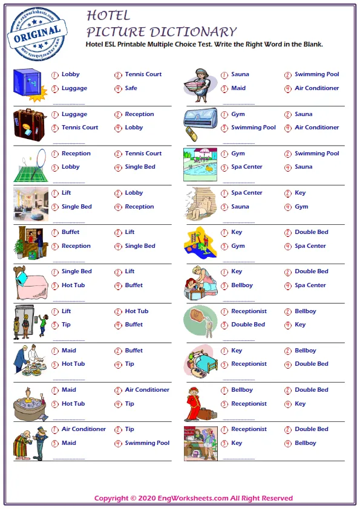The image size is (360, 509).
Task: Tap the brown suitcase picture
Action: (x=29, y=123)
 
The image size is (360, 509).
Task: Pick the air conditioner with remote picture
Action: (x=200, y=123)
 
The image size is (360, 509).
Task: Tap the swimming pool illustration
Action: (x=200, y=164)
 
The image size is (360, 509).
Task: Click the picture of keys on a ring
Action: (x=200, y=322)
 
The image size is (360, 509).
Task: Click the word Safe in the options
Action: (x=131, y=88)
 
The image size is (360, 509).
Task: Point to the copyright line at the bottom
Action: (x=194, y=499)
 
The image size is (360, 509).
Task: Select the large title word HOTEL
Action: (x=108, y=15)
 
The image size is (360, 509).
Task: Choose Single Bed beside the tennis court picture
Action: (x=140, y=167)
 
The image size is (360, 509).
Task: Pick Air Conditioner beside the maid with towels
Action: (x=317, y=88)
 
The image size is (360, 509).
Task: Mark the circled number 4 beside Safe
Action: (x=118, y=89)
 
